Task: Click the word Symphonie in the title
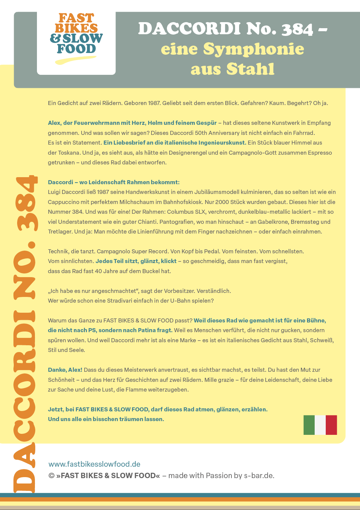point(254,49)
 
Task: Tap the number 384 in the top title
point(297,29)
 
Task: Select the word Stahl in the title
point(250,69)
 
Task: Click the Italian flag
point(320,425)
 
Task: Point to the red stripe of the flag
point(331,425)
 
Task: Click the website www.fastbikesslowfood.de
point(94,464)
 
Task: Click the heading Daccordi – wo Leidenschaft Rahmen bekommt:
point(114,182)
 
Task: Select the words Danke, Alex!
point(65,370)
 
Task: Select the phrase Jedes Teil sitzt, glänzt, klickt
point(136,261)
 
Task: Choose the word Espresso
point(318,153)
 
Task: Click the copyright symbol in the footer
point(51,476)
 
